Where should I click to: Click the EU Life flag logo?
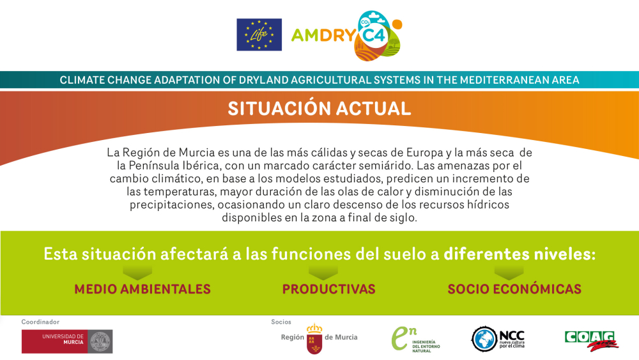[259, 35]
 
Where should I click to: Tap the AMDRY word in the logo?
[323, 35]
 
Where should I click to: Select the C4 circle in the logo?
[374, 35]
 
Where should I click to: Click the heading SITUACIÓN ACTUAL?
[319, 109]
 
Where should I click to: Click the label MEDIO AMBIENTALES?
[142, 289]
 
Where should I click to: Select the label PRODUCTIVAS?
[329, 289]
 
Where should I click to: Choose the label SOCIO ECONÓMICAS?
[514, 289]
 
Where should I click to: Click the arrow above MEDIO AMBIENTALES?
[137, 272]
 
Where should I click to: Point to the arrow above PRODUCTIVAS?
[323, 272]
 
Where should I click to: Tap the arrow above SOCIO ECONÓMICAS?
[509, 272]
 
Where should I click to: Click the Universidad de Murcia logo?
[67, 341]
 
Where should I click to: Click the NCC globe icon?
[484, 339]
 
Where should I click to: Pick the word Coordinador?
[40, 322]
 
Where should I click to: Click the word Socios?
[281, 322]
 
